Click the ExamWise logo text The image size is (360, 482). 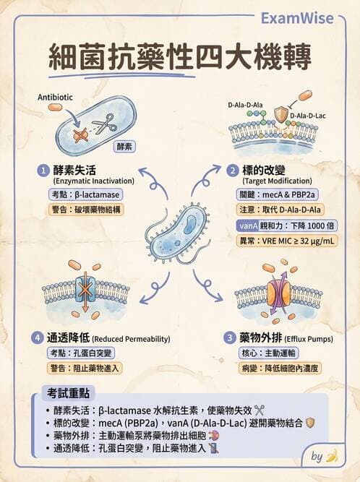[297, 18]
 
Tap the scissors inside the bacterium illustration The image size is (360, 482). [105, 124]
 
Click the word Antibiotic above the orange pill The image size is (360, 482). [55, 97]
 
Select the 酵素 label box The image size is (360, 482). [124, 146]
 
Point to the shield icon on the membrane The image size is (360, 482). [281, 115]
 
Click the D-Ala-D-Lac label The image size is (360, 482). [307, 116]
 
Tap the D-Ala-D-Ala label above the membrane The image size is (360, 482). [245, 105]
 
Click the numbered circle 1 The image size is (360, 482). [43, 171]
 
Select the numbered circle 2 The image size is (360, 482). [233, 171]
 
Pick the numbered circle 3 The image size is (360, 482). [230, 338]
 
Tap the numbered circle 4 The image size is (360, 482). [37, 338]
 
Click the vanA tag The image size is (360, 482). [248, 225]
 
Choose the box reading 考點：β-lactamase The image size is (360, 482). [85, 194]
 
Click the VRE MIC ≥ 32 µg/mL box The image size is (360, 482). [287, 241]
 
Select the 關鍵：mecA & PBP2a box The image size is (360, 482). [277, 194]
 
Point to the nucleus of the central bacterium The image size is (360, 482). [189, 224]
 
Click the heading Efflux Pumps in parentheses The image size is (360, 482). [309, 339]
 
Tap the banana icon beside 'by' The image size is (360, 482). [331, 456]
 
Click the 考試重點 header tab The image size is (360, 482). [68, 393]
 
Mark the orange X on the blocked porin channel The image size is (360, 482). [85, 289]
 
